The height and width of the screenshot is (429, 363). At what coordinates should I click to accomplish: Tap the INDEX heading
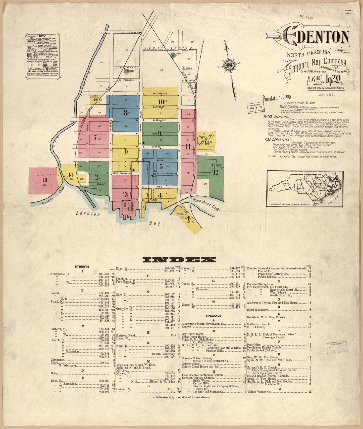pyautogui.click(x=179, y=260)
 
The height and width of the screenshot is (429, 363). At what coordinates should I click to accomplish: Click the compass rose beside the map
pyautogui.click(x=230, y=65)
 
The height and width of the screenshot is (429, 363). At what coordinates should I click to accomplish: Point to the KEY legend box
pyautogui.click(x=42, y=54)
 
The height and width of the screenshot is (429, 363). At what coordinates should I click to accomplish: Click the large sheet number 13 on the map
pyautogui.click(x=45, y=179)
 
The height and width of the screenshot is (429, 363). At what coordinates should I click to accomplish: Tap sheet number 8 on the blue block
pyautogui.click(x=126, y=113)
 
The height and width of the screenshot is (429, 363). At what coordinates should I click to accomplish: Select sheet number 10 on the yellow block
pyautogui.click(x=161, y=102)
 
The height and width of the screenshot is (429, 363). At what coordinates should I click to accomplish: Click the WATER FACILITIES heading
pyautogui.click(x=276, y=117)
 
